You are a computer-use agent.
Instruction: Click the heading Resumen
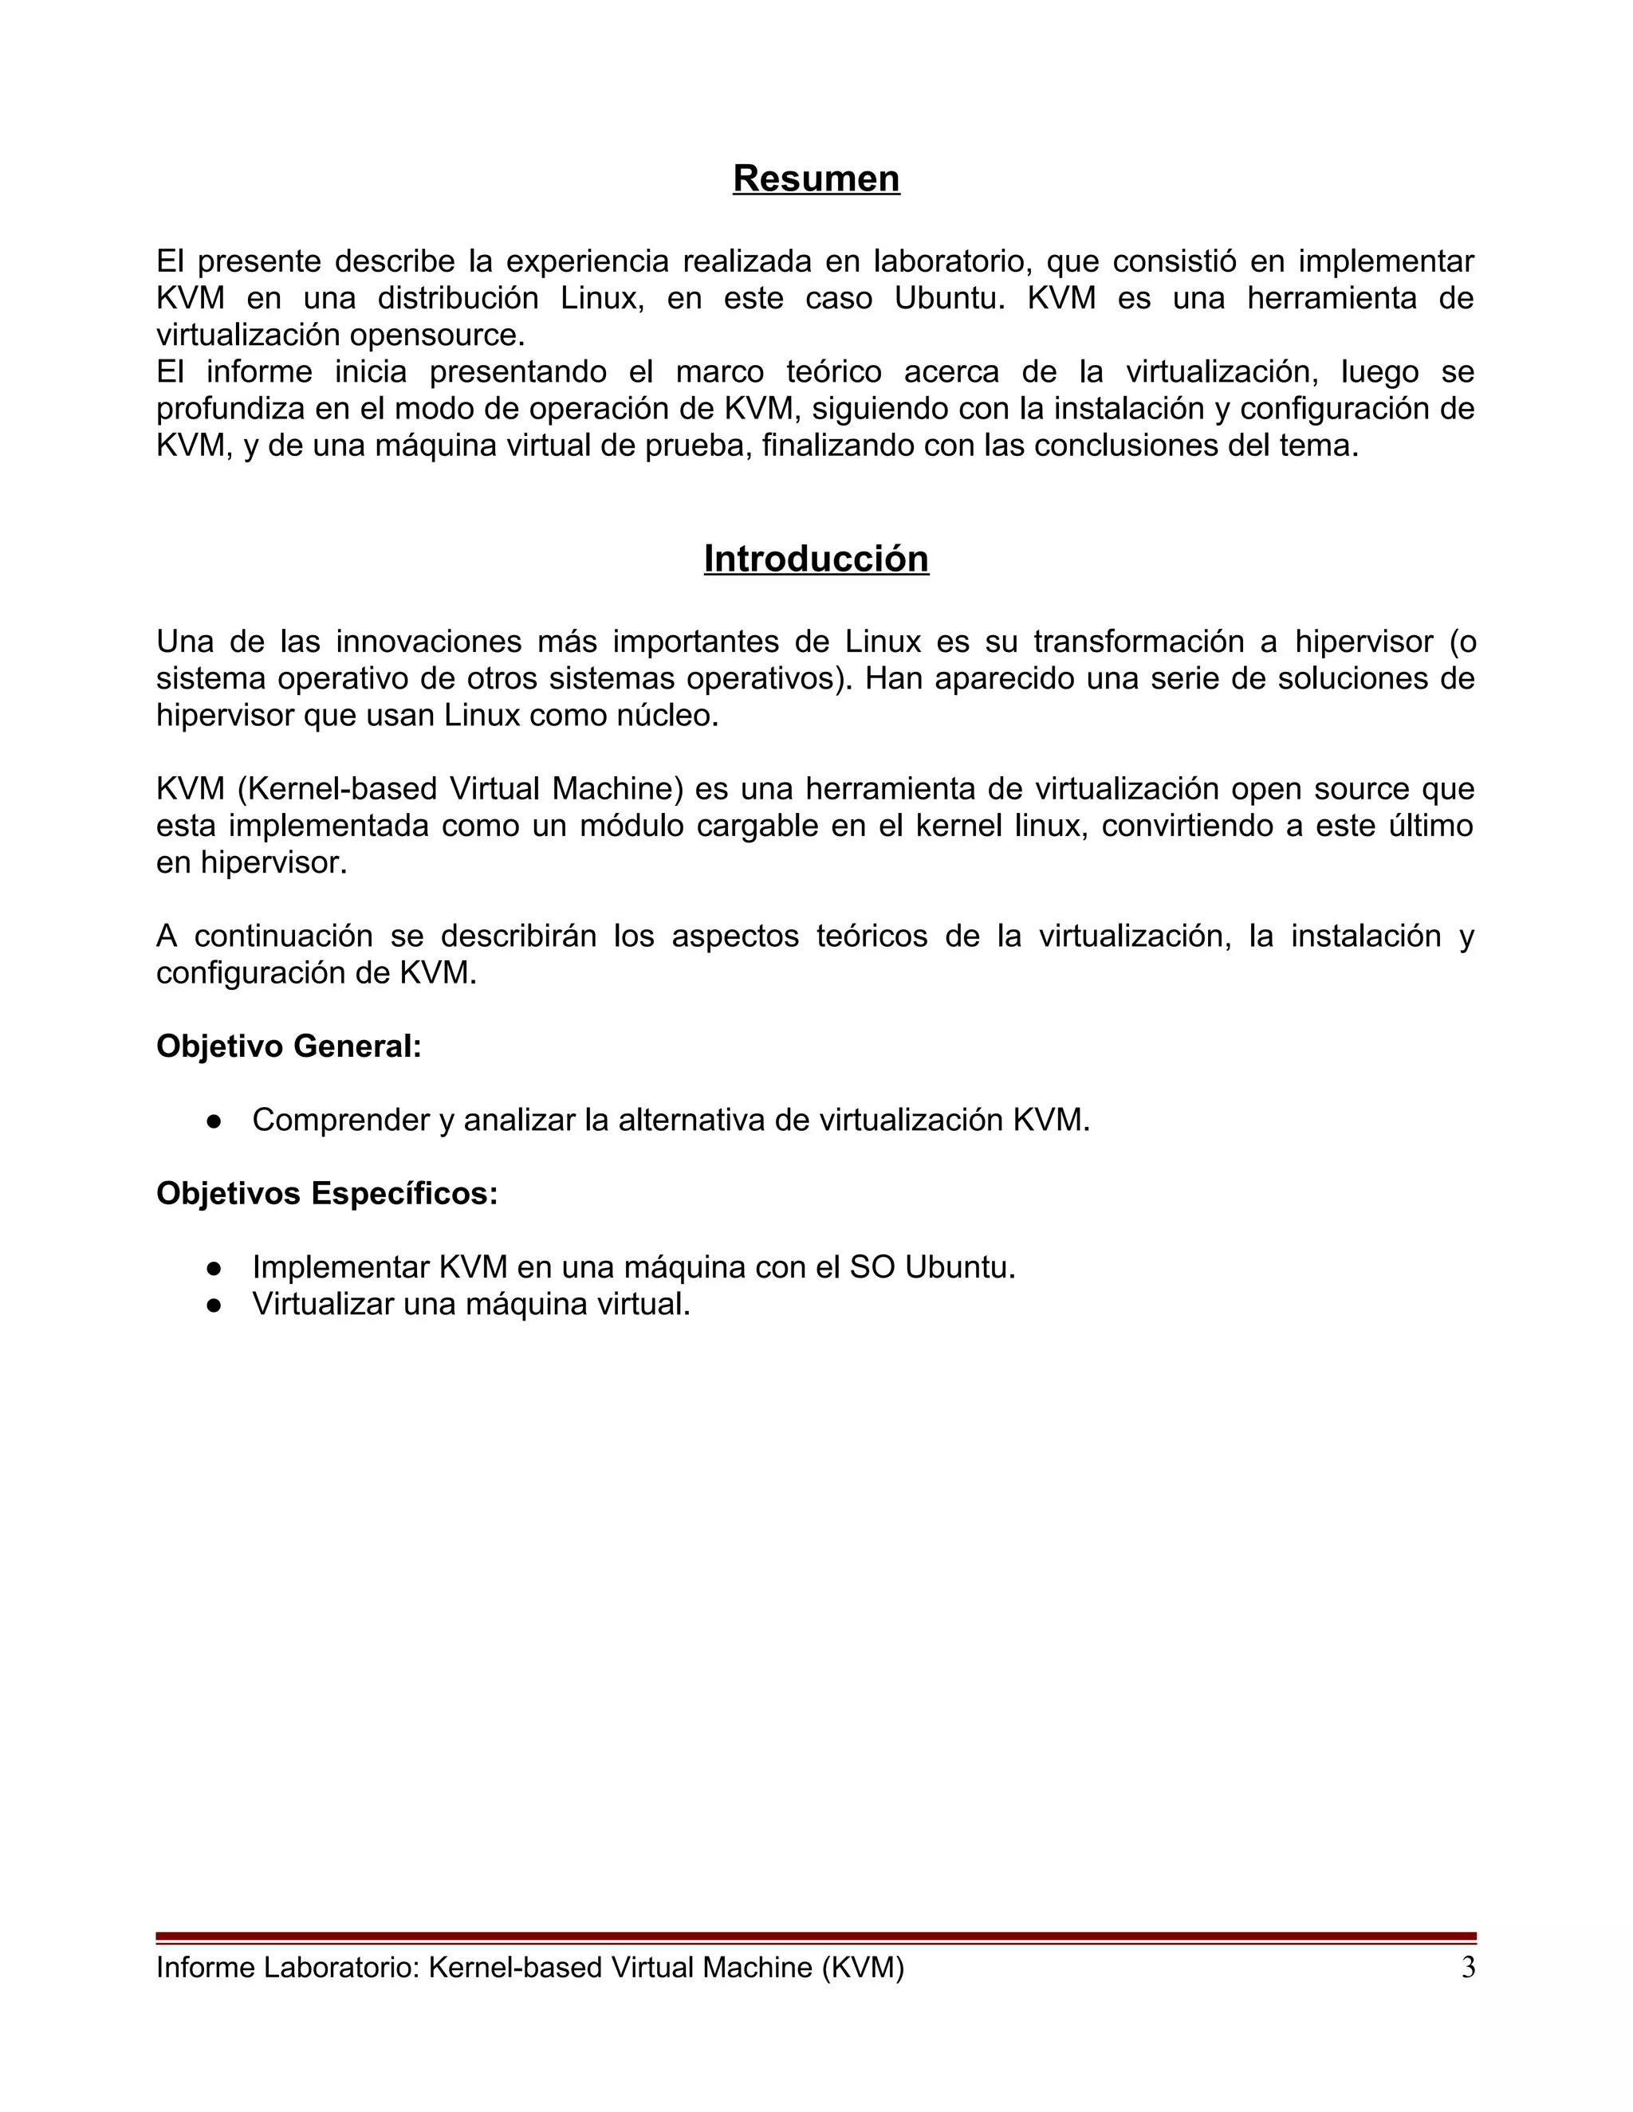(x=816, y=179)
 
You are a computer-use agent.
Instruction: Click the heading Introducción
(x=816, y=559)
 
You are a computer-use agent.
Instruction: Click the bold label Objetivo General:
(x=289, y=1046)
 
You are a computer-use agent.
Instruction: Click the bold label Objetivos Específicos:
(x=327, y=1193)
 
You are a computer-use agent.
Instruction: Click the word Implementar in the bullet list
(x=340, y=1267)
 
